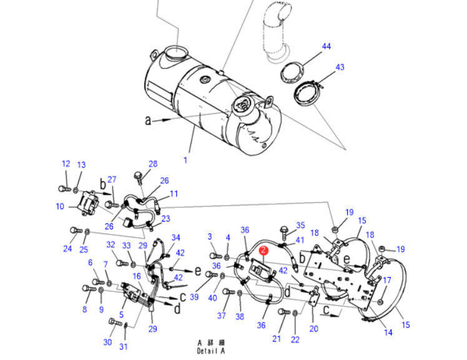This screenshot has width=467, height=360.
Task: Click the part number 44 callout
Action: tap(326, 47)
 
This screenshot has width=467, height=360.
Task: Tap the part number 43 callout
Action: tap(340, 67)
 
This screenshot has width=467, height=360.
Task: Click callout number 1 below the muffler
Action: tap(185, 160)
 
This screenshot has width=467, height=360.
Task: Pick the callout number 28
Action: tap(153, 164)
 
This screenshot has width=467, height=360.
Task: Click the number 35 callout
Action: tap(300, 225)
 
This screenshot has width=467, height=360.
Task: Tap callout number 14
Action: tap(388, 333)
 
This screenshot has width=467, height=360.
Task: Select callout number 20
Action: tap(314, 328)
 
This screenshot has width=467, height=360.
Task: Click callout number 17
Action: tap(387, 280)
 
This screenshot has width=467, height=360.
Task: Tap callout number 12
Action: tap(66, 163)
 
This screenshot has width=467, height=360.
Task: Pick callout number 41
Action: tap(300, 240)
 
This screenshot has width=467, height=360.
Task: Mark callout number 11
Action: tap(174, 193)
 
